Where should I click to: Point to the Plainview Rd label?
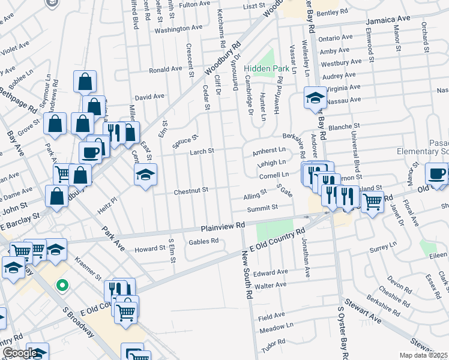(x=223, y=226)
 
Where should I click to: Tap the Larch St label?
(x=202, y=152)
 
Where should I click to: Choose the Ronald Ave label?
(x=166, y=69)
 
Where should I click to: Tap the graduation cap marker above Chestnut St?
(x=145, y=175)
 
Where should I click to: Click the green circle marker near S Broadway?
(x=61, y=286)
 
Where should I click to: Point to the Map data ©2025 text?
(x=424, y=355)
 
